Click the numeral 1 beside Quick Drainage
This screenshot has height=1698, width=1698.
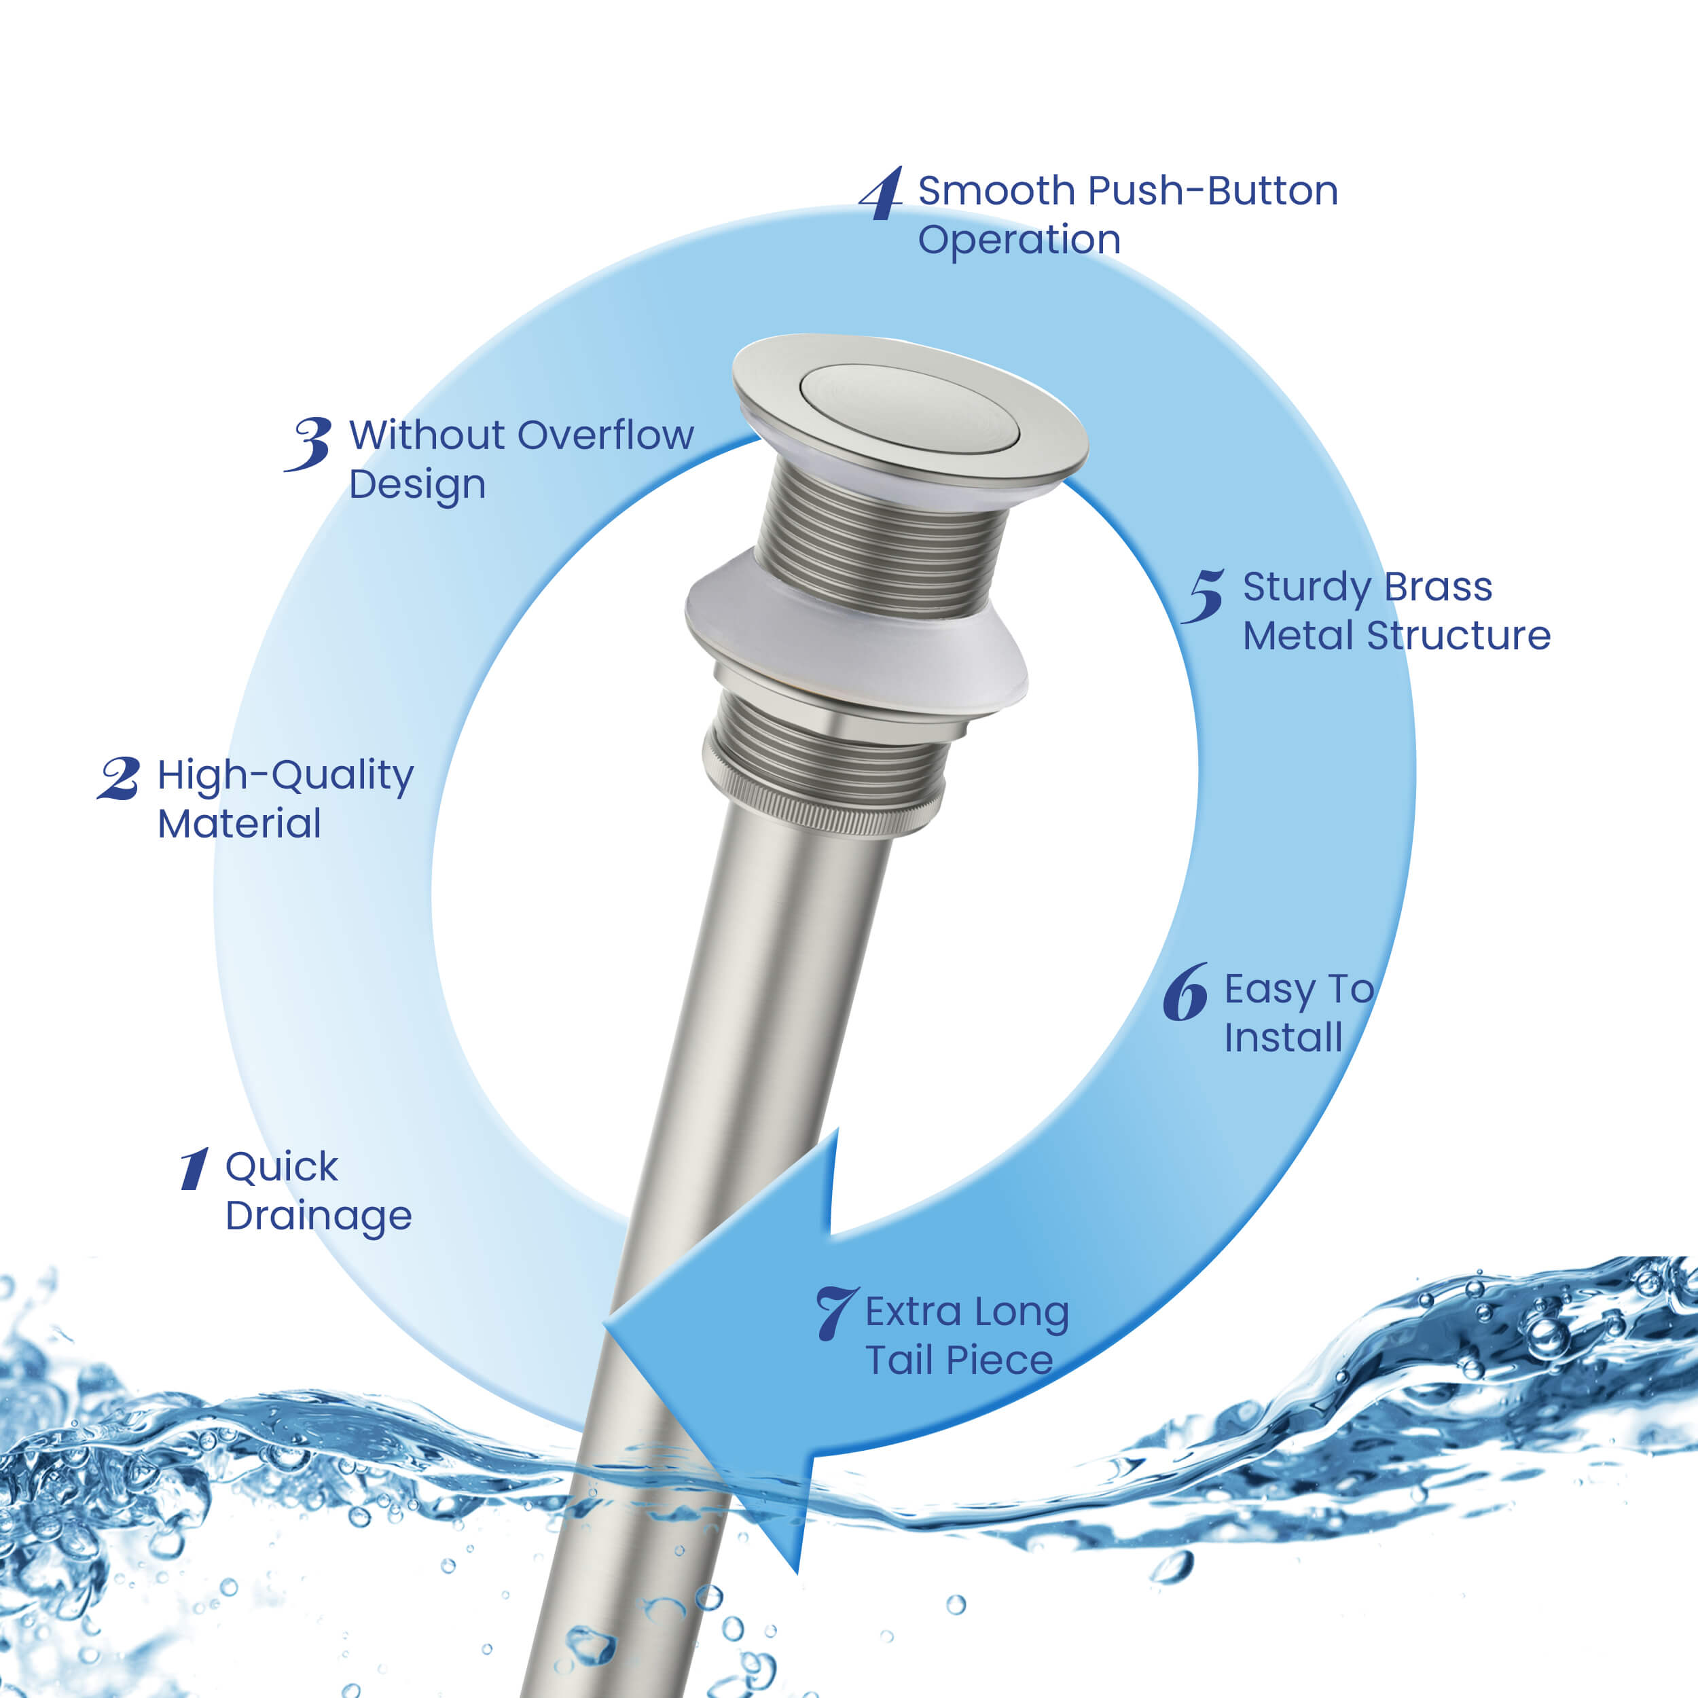click(x=194, y=1169)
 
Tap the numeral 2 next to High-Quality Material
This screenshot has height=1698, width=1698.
click(x=120, y=778)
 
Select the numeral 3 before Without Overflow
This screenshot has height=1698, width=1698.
click(x=309, y=443)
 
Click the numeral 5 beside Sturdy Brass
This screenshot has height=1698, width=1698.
click(x=1204, y=596)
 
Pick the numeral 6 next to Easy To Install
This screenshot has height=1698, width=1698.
click(x=1185, y=993)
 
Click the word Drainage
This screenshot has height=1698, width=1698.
click(x=318, y=1217)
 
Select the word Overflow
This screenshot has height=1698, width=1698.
click(x=606, y=435)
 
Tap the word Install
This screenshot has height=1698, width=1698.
click(x=1282, y=1038)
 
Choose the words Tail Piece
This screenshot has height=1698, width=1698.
click(x=959, y=1360)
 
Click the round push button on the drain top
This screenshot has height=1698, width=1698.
click(x=909, y=406)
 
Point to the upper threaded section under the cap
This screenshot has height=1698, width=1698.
click(x=879, y=541)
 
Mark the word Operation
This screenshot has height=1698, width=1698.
click(x=1019, y=240)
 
